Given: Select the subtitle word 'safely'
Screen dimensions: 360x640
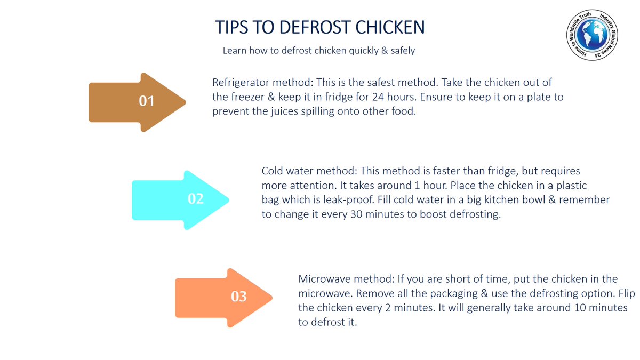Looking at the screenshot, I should pyautogui.click(x=401, y=51).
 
